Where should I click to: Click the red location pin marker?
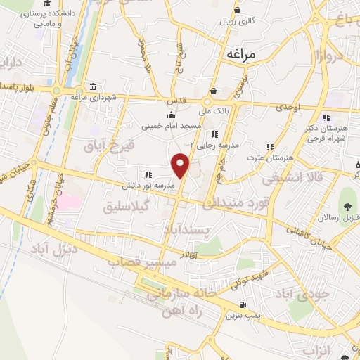coord(181,165)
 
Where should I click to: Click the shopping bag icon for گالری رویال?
coord(238,10)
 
